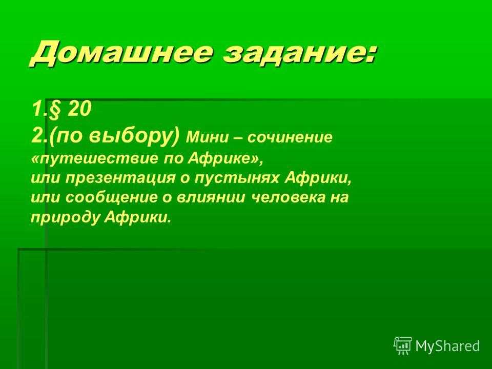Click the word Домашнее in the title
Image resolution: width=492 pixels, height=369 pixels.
(x=121, y=53)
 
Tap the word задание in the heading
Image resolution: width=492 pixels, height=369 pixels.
(x=295, y=53)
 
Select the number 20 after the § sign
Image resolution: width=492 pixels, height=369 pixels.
(x=79, y=109)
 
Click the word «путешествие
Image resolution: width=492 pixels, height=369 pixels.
(x=95, y=159)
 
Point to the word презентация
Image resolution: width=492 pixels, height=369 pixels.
(x=120, y=178)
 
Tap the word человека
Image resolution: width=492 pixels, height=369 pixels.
(x=289, y=197)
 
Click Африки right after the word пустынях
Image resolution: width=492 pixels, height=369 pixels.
(x=318, y=178)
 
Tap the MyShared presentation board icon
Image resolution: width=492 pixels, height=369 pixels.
(x=403, y=345)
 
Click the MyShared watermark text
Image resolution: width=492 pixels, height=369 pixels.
(x=447, y=346)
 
